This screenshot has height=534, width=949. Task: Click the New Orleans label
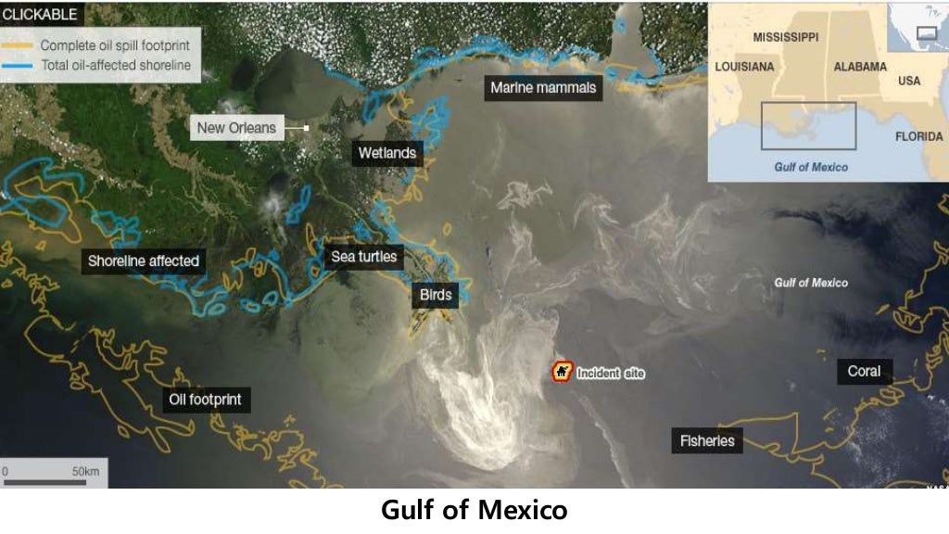coord(236,127)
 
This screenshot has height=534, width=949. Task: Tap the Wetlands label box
coord(386,153)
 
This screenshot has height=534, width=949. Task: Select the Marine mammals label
coord(543,88)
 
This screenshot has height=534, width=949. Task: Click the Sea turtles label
coord(364,257)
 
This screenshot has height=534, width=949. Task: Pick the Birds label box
coord(436,296)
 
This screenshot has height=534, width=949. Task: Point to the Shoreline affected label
coord(143,261)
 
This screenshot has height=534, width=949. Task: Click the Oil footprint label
coord(205,400)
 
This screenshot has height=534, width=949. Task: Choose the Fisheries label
coord(707,441)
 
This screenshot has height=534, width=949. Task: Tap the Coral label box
coord(864,372)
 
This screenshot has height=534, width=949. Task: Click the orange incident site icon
coord(562,373)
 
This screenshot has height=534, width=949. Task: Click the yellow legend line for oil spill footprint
coord(19,45)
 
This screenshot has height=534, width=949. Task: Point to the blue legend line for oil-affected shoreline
coord(19,66)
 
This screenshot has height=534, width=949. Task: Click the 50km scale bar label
coord(86,472)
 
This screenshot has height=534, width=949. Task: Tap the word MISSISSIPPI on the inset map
coord(785,37)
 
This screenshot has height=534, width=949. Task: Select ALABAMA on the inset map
coord(859,67)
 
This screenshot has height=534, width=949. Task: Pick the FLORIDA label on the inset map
coord(918,136)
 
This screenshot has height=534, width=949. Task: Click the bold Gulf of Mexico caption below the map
coord(474,510)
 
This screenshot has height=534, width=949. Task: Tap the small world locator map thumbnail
coord(917,28)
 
